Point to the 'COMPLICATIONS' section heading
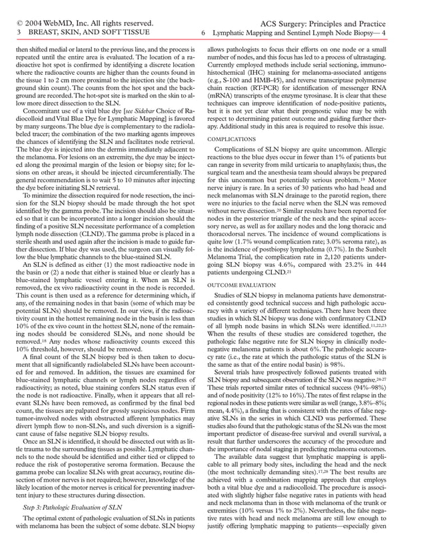coord(231,139)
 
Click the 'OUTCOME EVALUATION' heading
coord(240,285)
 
